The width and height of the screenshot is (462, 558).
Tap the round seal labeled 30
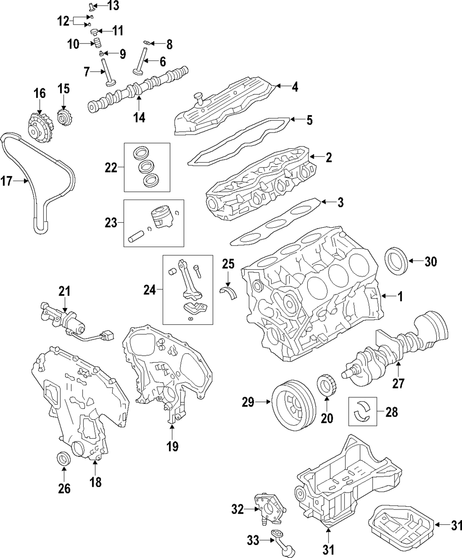tap(396, 262)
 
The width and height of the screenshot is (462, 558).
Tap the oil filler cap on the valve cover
tap(200, 98)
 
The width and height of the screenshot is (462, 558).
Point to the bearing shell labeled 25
tap(228, 292)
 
